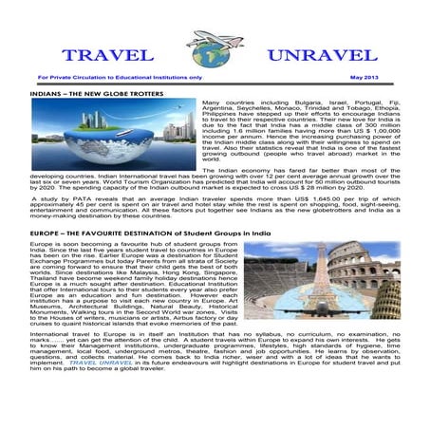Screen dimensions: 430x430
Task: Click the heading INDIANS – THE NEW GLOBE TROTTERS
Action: coord(95,96)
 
